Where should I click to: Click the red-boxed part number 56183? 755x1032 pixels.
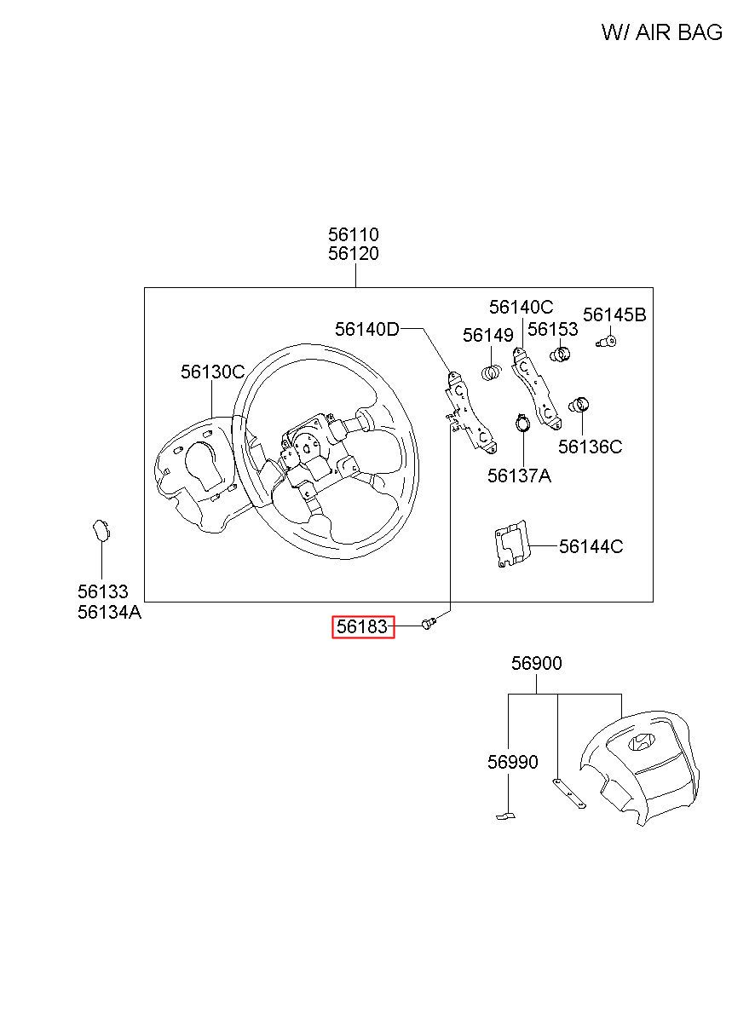363,628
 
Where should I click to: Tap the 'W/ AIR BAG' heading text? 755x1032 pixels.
661,32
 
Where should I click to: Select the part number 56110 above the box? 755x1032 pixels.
354,234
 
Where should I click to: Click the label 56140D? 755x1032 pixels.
366,329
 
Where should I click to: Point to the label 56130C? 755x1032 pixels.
212,372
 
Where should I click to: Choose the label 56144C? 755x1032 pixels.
591,546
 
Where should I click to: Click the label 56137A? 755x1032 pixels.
519,476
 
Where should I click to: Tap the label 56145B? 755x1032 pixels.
614,315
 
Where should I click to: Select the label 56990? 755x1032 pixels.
513,762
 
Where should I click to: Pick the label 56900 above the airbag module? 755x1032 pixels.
537,663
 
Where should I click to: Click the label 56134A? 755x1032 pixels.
109,611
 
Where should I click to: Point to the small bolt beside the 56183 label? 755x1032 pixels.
429,626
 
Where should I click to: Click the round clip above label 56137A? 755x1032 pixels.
521,423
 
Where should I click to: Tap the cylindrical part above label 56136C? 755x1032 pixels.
580,404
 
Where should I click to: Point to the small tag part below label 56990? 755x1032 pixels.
505,817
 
